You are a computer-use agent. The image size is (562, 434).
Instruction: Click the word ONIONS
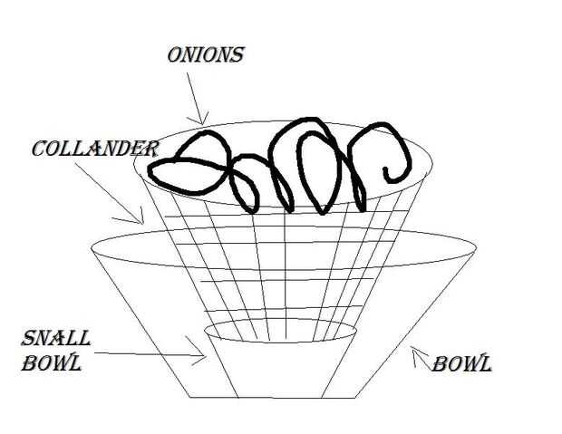[x=205, y=54]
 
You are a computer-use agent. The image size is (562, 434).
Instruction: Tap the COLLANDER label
[x=95, y=148]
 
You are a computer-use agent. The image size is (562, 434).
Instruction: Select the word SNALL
[x=56, y=340]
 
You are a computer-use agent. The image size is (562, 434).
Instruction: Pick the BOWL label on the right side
[x=461, y=365]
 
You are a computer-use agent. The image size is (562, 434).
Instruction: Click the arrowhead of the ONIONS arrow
[x=205, y=119]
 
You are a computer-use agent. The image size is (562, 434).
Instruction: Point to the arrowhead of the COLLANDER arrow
[x=141, y=219]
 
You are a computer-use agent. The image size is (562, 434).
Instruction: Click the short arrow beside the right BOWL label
[x=419, y=355]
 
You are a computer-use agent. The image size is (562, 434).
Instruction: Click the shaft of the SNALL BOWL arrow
[x=145, y=354]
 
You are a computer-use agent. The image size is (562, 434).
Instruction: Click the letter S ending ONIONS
[x=237, y=54]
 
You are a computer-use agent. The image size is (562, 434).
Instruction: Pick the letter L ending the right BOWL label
[x=486, y=365]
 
